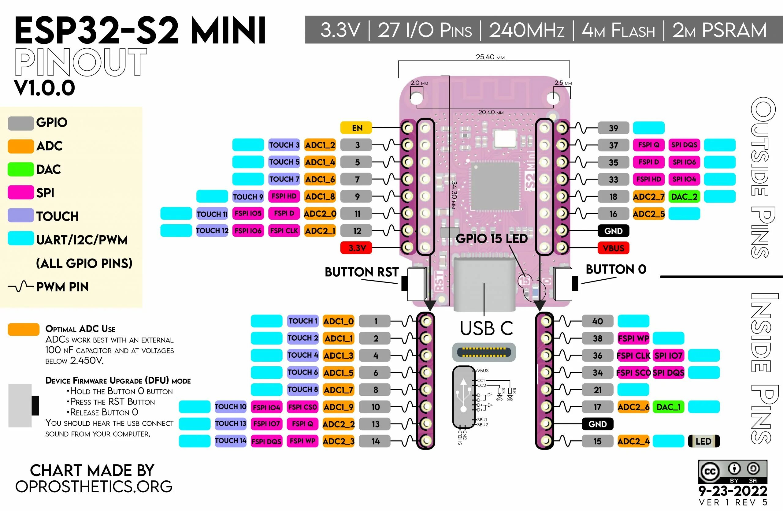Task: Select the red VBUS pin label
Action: [x=613, y=248]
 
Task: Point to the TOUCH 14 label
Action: [x=230, y=441]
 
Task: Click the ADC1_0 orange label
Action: [x=338, y=321]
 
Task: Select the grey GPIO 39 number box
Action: [x=613, y=128]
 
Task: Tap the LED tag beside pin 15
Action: [x=703, y=441]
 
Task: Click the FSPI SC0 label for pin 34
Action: [x=633, y=372]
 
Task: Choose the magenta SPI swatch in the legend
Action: [x=20, y=192]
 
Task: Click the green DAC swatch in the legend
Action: [x=20, y=169]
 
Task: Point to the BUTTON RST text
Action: [x=361, y=272]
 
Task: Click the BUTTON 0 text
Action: [x=616, y=269]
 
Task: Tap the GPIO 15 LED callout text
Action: [x=492, y=239]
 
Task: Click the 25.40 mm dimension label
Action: [x=490, y=57]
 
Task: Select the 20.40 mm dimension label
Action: [x=491, y=112]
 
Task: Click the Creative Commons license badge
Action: [x=732, y=472]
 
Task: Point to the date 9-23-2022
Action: [x=733, y=491]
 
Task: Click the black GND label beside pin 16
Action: [x=613, y=231]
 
